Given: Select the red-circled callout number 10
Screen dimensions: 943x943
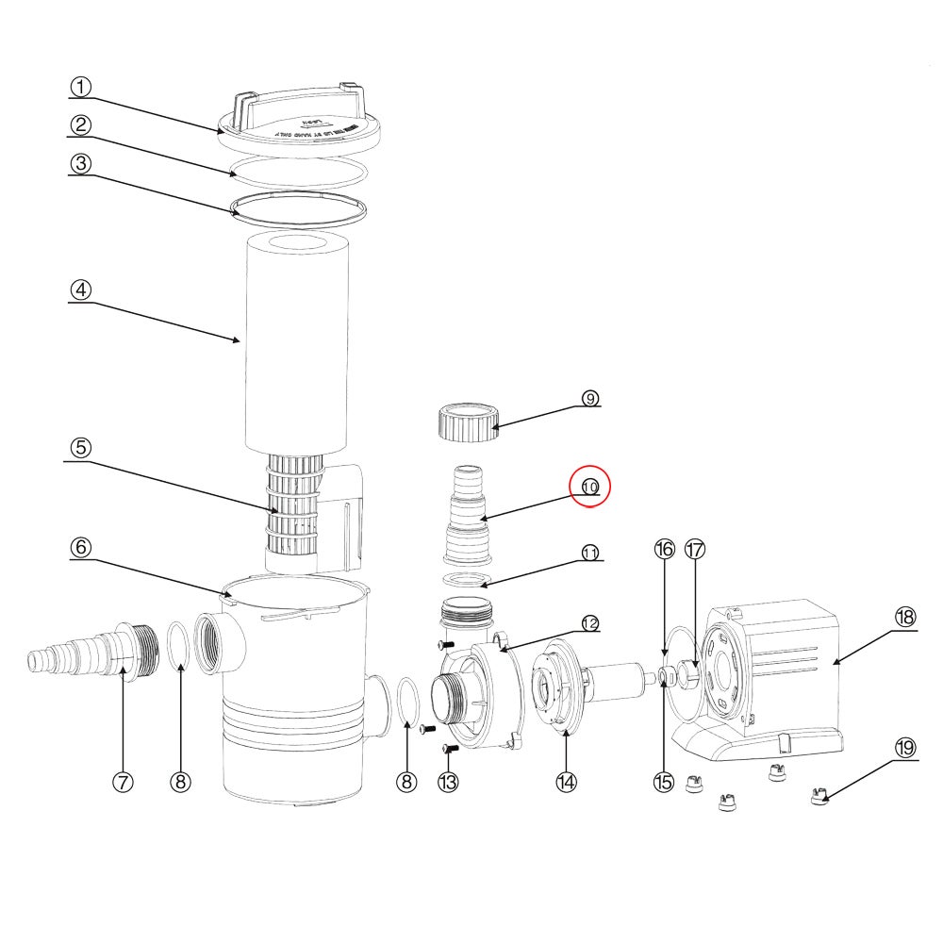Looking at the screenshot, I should pyautogui.click(x=590, y=488).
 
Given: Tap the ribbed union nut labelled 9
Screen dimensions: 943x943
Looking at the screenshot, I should pyautogui.click(x=469, y=421).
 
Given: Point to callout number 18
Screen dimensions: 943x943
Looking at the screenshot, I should pyautogui.click(x=904, y=617).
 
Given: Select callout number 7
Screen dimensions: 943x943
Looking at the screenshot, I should pyautogui.click(x=123, y=781).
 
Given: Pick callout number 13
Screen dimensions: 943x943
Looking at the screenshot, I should pyautogui.click(x=448, y=781).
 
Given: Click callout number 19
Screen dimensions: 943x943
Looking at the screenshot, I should pyautogui.click(x=904, y=747).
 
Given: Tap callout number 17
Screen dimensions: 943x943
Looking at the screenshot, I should pyautogui.click(x=695, y=549).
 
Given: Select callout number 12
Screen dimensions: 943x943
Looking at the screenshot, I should pyautogui.click(x=590, y=623).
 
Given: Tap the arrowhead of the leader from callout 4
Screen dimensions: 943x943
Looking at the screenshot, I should pyautogui.click(x=242, y=340).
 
